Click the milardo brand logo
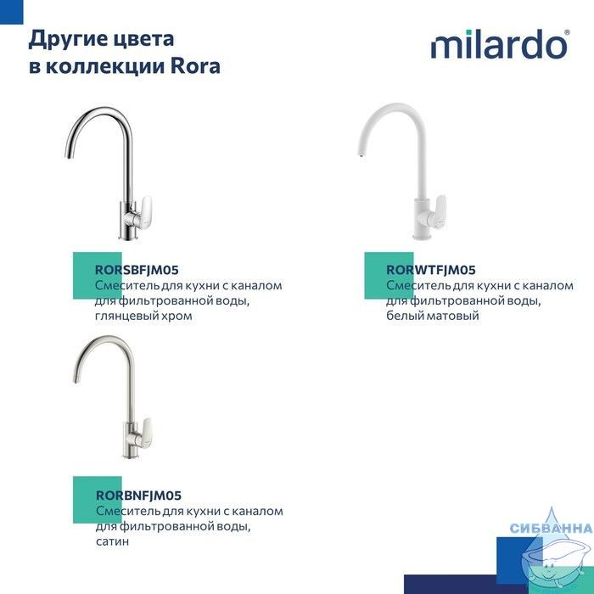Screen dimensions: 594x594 pos(500,44)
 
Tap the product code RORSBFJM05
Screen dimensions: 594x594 pos(137,270)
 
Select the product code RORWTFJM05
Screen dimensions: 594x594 pos(431,270)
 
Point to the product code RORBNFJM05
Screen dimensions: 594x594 pos(138,495)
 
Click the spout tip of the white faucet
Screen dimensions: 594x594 pos(361,154)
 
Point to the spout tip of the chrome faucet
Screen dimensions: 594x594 pos(68,154)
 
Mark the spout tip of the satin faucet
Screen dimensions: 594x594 pos(76,379)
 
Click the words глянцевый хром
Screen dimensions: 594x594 pos(143,316)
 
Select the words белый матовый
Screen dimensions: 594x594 pos(433,315)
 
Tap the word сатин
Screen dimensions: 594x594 pos(113,541)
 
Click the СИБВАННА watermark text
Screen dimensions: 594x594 pos(552,528)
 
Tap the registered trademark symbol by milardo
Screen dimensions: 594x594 pos(567,32)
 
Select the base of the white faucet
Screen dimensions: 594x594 pos(423,236)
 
